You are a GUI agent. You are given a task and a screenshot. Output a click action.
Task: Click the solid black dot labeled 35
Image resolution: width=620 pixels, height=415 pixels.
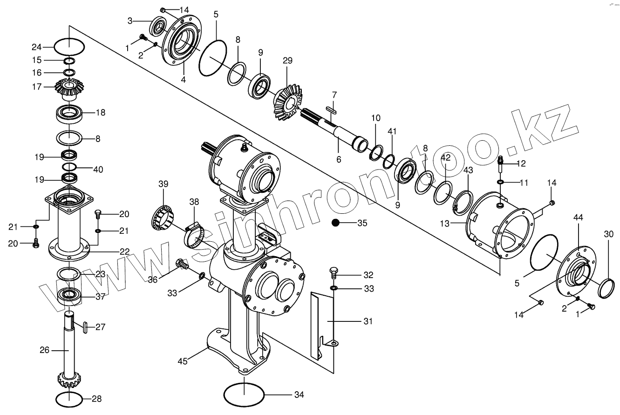pos(335,223)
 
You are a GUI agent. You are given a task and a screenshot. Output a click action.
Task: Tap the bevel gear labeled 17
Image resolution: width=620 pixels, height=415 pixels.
pos(69,87)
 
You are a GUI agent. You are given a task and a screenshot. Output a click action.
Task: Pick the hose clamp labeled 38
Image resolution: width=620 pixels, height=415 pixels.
pos(195,236)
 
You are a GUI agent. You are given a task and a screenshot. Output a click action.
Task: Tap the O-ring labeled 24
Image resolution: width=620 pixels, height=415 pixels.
pos(69,47)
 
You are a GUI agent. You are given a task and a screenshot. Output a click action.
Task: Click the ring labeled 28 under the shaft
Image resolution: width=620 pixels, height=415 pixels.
pos(69,399)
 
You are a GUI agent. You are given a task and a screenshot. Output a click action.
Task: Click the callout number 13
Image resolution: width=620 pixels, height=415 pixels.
pos(445,224)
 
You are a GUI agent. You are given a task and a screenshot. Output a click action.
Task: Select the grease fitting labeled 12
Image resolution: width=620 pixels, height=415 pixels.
pos(501,162)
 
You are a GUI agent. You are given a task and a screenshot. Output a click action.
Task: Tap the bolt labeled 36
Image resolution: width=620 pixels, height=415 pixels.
pos(181,265)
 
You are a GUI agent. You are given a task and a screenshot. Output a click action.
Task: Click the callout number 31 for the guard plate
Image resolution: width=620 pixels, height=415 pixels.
pos(368,321)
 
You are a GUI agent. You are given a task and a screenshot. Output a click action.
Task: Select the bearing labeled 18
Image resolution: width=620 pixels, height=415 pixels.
pos(69,113)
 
